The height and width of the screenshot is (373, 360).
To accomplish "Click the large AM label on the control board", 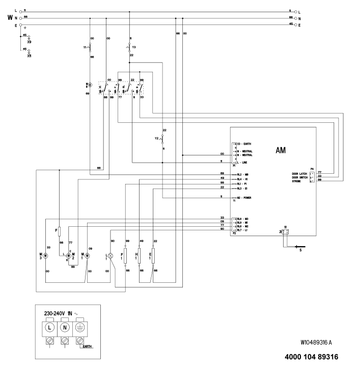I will pos(281,151).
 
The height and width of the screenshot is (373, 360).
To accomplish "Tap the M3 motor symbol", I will pos(45,254).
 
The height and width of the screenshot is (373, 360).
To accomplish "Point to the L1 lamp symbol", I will pos(113,254).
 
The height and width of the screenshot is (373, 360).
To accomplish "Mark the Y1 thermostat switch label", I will pos(85,48).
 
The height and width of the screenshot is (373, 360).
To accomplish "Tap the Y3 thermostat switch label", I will pos(134,48).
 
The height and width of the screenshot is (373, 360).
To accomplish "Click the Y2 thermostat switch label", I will pos(157,138).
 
